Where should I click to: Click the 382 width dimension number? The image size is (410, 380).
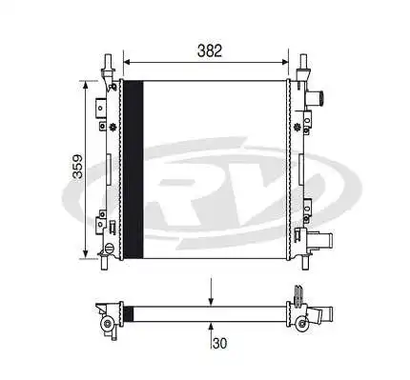211,50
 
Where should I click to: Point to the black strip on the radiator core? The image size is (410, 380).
134,169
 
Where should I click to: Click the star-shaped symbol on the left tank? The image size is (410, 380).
114,128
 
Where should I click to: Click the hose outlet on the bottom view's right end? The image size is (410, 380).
326,313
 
